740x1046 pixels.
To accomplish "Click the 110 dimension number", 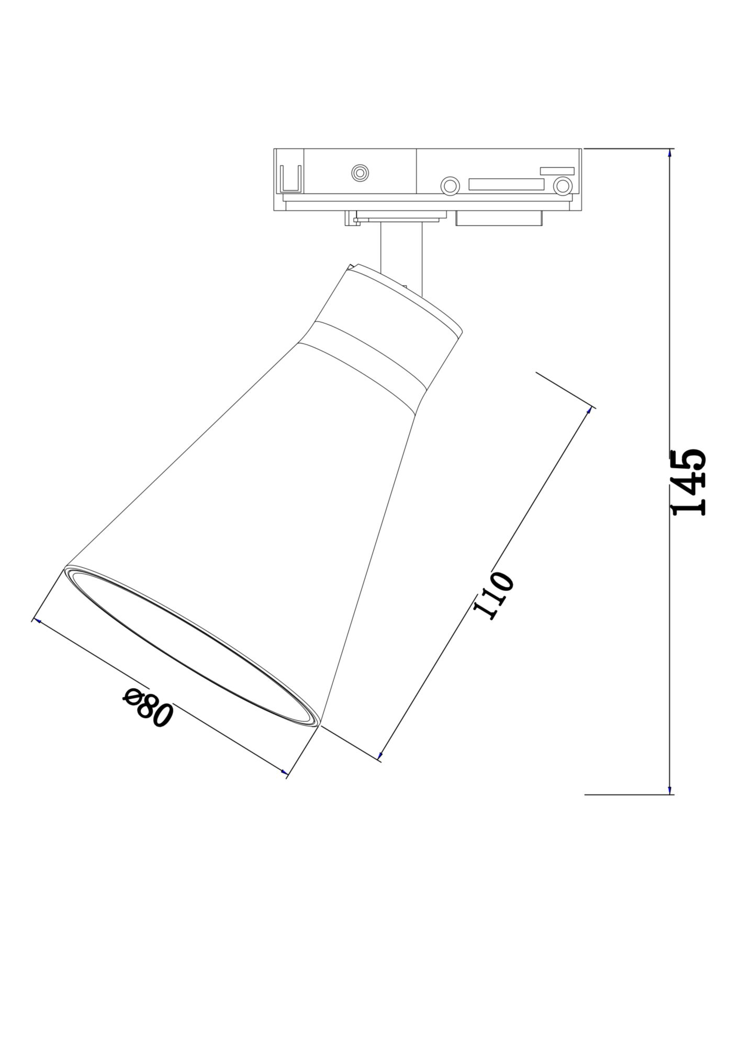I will point(494,595).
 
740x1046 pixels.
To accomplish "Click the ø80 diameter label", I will point(147,709).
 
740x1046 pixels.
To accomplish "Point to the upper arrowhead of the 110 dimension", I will point(590,410).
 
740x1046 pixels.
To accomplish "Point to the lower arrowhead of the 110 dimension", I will point(380,756).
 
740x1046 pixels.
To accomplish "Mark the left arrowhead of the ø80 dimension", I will point(36,621).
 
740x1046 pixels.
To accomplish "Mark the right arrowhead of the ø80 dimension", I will point(284,772).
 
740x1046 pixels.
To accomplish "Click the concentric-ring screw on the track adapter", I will point(360,173).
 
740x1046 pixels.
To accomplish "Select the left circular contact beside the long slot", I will point(450,185).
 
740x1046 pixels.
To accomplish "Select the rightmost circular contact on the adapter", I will point(563,185).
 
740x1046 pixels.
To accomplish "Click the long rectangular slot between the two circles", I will point(506,184).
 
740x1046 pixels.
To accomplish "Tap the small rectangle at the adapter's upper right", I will point(557,170).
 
